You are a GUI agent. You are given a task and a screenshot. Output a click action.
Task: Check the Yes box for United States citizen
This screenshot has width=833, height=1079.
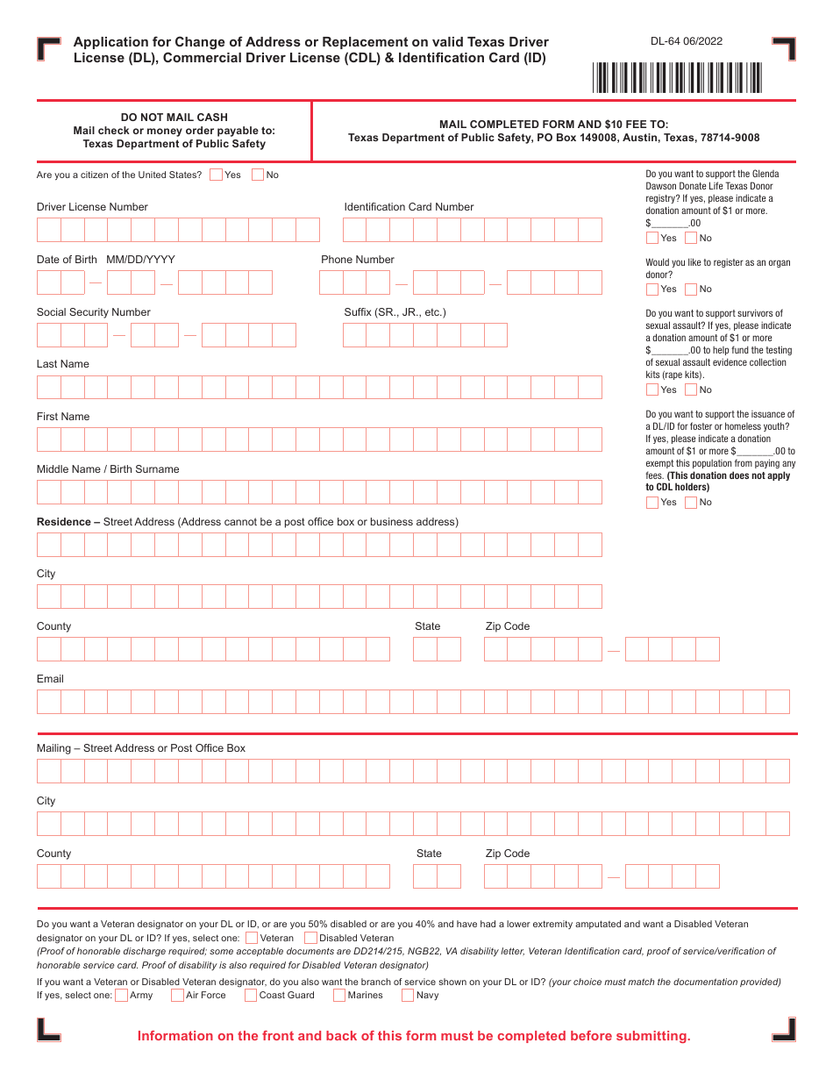[x=217, y=175]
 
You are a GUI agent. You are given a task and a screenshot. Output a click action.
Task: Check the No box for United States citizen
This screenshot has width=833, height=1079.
[x=258, y=175]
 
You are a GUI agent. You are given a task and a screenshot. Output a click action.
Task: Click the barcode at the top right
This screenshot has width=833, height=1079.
[x=678, y=77]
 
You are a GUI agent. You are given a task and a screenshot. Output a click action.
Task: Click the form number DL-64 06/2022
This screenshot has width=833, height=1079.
[x=687, y=41]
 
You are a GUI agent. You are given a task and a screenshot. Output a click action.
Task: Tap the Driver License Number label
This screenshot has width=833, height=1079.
[x=92, y=207]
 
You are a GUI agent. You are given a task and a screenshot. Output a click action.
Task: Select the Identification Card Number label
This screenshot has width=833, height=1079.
[x=409, y=207]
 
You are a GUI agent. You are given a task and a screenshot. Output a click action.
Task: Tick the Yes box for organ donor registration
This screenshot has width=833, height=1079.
[x=652, y=289]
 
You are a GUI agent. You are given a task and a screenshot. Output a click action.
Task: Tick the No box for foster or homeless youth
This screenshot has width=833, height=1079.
[x=691, y=503]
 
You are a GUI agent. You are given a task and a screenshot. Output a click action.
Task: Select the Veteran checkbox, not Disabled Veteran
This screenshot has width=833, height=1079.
[x=252, y=938]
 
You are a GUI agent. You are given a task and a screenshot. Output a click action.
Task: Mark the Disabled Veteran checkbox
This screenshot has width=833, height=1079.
[x=310, y=938]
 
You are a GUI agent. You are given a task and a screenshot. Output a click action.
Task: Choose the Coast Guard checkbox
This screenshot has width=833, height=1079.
[x=251, y=995]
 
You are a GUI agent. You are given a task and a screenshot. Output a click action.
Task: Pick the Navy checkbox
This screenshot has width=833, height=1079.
[x=408, y=995]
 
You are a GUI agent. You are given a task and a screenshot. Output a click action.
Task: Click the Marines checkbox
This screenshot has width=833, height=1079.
[x=339, y=995]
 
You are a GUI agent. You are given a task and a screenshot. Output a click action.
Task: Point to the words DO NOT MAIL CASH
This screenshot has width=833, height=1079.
[x=174, y=118]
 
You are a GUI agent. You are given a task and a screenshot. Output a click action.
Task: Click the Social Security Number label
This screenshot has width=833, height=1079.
[x=93, y=312]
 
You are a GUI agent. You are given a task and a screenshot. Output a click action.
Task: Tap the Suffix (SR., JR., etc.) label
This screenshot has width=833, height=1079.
[x=395, y=312]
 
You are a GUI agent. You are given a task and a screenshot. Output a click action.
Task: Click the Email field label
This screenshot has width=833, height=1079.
[x=50, y=679]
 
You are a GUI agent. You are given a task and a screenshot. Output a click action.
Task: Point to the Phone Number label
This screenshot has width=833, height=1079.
[x=358, y=260]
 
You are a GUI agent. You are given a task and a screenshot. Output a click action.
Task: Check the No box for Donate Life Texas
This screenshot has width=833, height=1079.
[x=691, y=238]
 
